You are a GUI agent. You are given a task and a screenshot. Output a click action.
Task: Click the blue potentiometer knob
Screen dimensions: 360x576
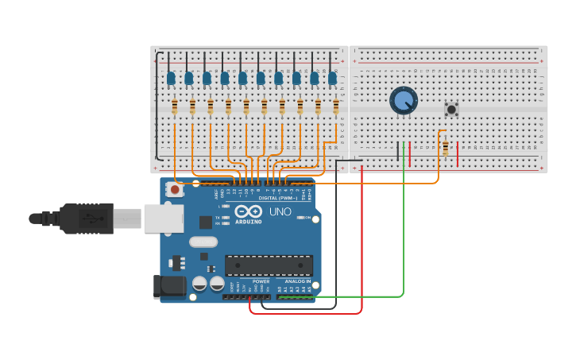[x=404, y=100]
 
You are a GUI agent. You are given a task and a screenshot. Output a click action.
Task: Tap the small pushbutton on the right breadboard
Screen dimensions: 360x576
[x=452, y=110]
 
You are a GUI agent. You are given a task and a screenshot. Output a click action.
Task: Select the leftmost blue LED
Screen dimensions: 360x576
[x=171, y=78]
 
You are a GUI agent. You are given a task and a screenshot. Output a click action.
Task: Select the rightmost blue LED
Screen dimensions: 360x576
[x=332, y=78]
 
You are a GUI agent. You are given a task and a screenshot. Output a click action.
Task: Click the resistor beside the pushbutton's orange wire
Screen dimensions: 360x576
[x=445, y=148]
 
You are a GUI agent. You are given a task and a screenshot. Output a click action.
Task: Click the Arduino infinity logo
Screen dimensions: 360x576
[x=248, y=212]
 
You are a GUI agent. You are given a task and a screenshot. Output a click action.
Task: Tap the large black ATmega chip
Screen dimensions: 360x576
[x=269, y=265]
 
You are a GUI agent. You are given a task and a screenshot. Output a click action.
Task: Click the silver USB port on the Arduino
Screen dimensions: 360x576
[x=163, y=219]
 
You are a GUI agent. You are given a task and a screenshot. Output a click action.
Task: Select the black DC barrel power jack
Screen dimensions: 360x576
[x=169, y=286]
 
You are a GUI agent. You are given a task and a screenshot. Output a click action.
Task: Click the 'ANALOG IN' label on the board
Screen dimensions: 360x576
[x=298, y=281]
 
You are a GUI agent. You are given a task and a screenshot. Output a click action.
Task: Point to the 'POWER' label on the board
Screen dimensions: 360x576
[x=261, y=281]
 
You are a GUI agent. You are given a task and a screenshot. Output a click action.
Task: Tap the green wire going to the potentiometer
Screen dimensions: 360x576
[x=404, y=223]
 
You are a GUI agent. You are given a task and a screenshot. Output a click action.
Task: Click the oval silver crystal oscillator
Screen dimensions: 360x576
[x=203, y=242]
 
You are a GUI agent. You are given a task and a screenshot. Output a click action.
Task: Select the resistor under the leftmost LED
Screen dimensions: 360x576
[x=175, y=106]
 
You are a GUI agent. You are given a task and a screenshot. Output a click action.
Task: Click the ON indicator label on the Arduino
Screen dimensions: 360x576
[x=307, y=217]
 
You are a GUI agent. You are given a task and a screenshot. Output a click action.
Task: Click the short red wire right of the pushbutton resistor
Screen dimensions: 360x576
[x=458, y=154]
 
